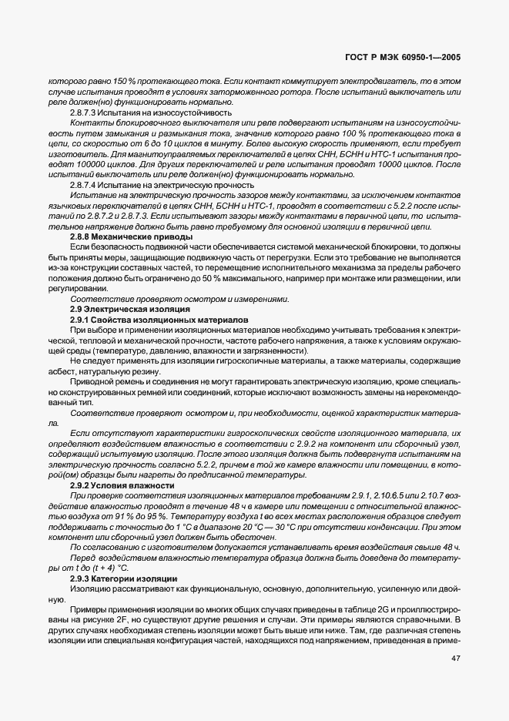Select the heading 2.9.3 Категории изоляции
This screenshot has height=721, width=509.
pyautogui.click(x=124, y=577)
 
